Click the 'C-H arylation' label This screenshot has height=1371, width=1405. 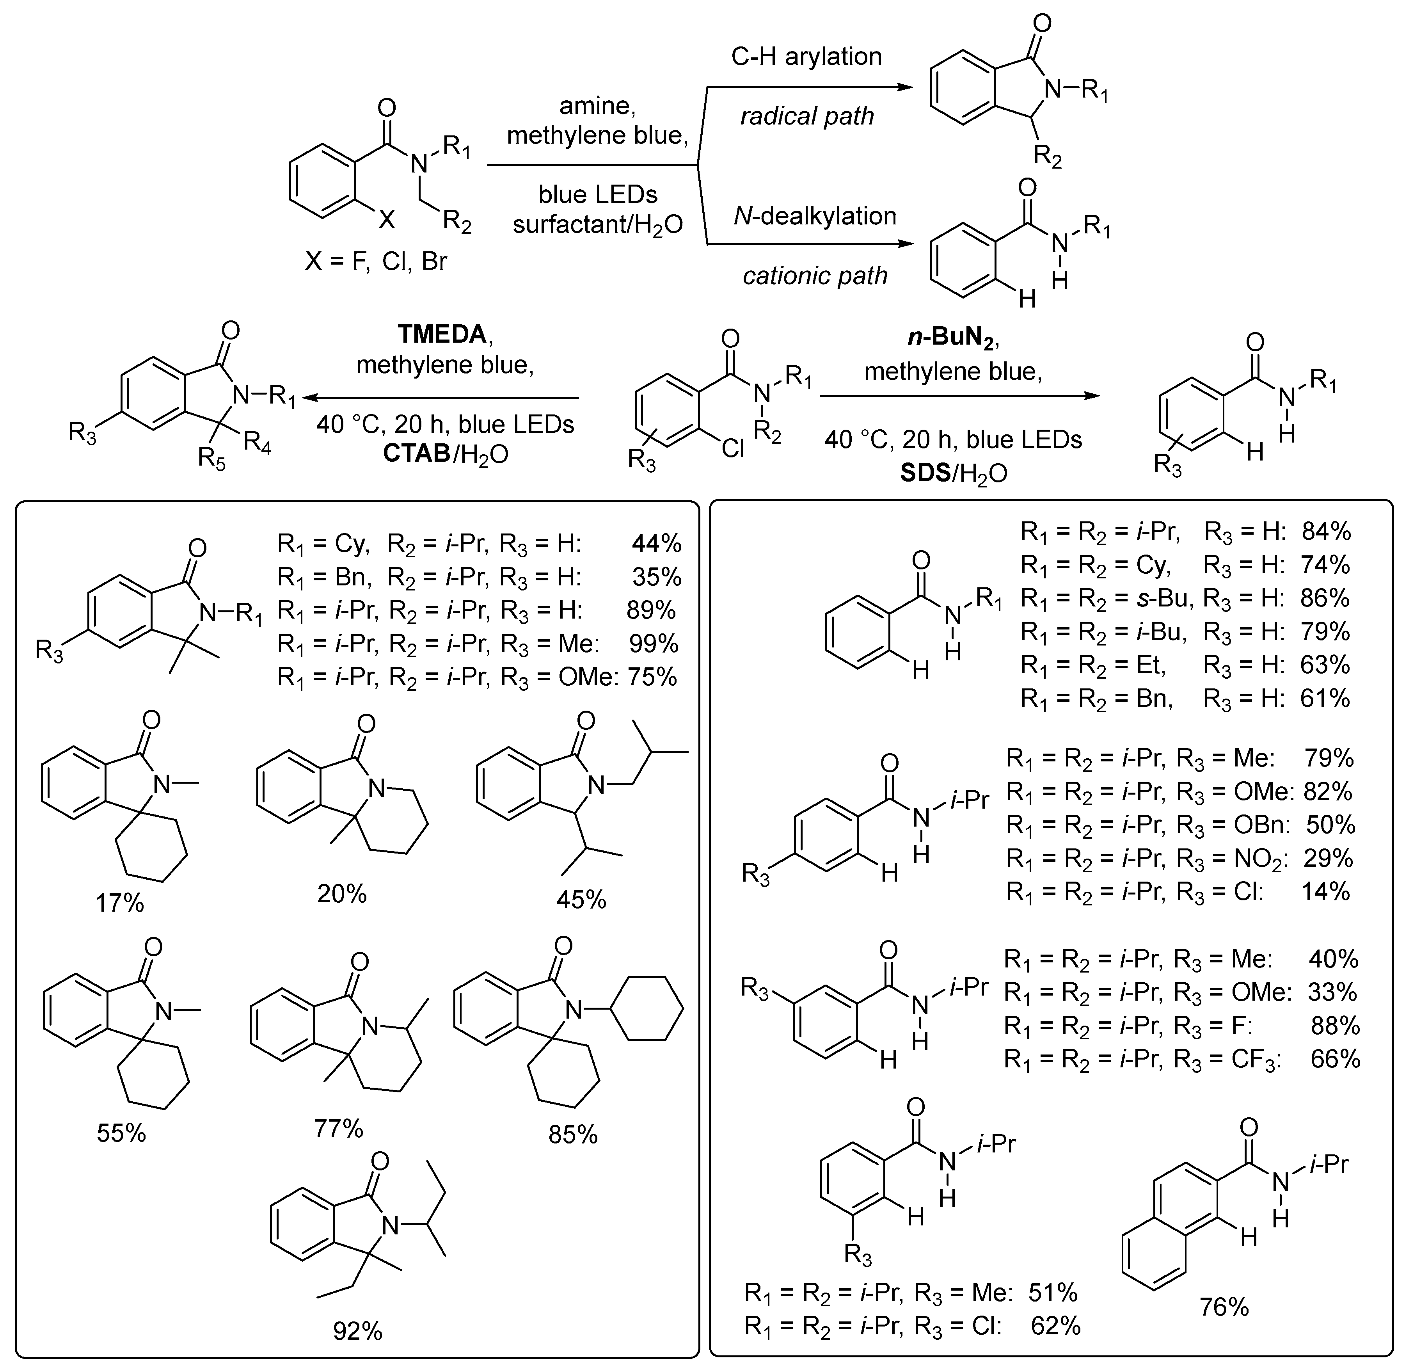click(806, 56)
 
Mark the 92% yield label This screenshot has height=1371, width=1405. click(357, 1332)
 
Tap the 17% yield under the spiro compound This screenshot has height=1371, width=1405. click(120, 902)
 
